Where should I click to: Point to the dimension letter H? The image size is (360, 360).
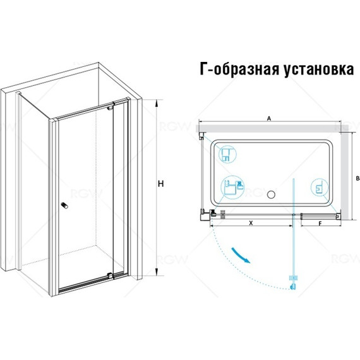click(161, 184)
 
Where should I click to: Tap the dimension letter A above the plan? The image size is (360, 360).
click(269, 119)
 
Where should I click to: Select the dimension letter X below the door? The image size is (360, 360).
click(251, 222)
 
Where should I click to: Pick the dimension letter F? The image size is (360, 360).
click(320, 223)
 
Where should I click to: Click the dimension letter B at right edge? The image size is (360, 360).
click(357, 178)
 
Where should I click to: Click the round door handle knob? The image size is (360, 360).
click(64, 205)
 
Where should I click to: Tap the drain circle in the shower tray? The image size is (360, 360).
click(271, 195)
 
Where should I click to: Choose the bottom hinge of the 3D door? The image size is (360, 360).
click(111, 275)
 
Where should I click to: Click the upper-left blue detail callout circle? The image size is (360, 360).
click(227, 154)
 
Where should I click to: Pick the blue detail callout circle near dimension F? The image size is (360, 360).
click(320, 187)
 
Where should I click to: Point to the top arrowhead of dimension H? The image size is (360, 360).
click(157, 103)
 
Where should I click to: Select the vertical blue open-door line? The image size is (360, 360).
click(293, 231)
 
